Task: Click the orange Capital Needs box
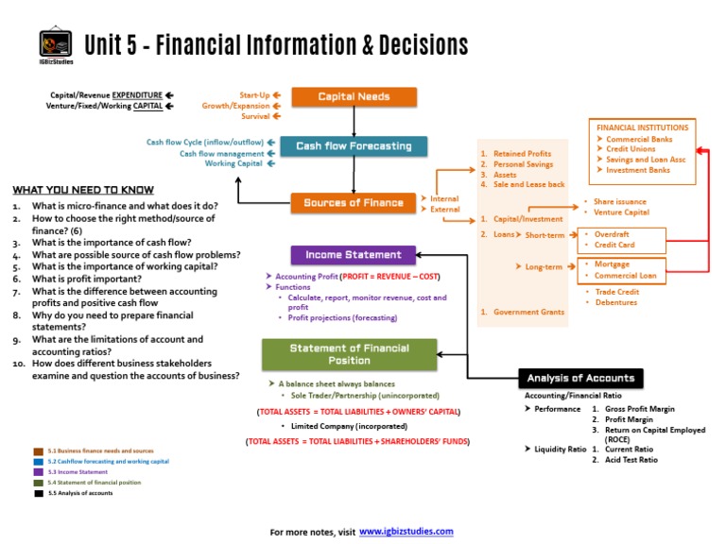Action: (x=354, y=96)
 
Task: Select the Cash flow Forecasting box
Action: (x=354, y=146)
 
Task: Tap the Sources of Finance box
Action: (x=353, y=202)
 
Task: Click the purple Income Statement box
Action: (x=354, y=254)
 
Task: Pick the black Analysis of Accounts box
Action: (x=580, y=379)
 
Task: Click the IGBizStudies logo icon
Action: (x=55, y=43)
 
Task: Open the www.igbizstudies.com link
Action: (x=406, y=532)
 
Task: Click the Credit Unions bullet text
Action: (x=631, y=149)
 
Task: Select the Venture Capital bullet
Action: (x=622, y=212)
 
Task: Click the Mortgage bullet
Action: (x=612, y=264)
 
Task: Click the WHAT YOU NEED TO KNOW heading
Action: (x=83, y=190)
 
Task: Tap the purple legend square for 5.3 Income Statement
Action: (x=38, y=471)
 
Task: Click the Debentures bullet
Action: (x=615, y=302)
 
